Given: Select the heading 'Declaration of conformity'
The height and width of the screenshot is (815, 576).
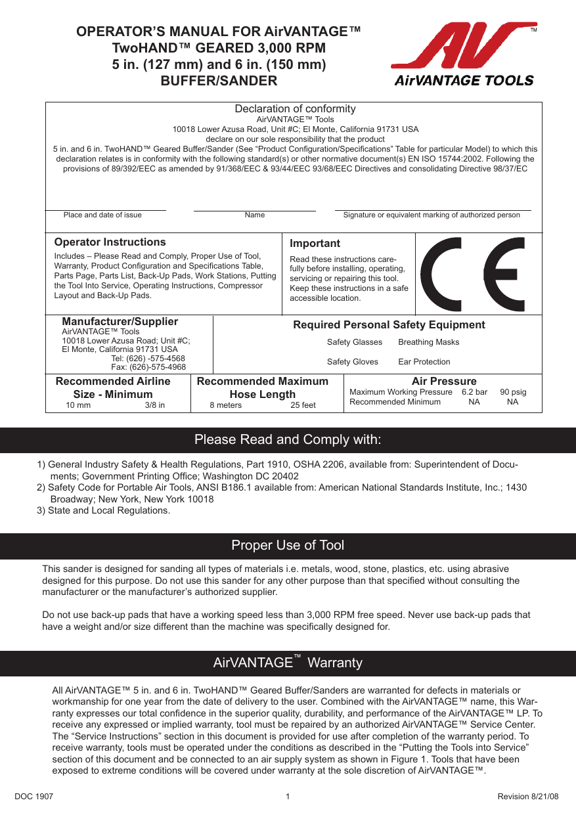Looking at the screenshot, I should click(x=295, y=109).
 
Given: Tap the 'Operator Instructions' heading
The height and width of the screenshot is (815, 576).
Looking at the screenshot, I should click(x=110, y=242).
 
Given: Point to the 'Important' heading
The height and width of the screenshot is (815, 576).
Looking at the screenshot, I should click(x=315, y=244).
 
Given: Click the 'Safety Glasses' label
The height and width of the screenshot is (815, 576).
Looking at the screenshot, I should click(x=354, y=342).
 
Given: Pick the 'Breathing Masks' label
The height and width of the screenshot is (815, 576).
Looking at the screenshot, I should click(x=428, y=342).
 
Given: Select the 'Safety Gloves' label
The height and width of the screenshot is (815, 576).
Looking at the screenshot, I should click(x=352, y=362).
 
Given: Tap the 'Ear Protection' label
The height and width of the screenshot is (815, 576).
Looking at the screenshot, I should click(x=424, y=362).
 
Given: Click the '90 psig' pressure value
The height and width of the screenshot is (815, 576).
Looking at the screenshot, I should click(x=513, y=392).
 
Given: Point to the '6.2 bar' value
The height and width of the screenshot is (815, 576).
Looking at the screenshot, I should click(x=474, y=392).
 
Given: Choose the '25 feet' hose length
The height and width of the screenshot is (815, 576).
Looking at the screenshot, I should click(x=303, y=405).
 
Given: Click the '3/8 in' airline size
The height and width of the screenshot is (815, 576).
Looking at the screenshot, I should click(x=155, y=405).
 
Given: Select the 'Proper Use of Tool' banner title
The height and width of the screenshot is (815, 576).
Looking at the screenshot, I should click(x=288, y=546).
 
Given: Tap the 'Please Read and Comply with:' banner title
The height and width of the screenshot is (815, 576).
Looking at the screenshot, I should click(x=288, y=439).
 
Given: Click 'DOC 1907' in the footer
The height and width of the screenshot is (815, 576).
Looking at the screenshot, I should click(x=33, y=797).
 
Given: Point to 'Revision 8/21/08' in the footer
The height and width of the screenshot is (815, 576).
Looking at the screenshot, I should click(x=528, y=797).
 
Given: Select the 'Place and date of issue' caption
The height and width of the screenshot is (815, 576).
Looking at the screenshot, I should click(x=102, y=215).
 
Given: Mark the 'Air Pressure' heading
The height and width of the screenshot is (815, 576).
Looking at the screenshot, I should click(x=444, y=381).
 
